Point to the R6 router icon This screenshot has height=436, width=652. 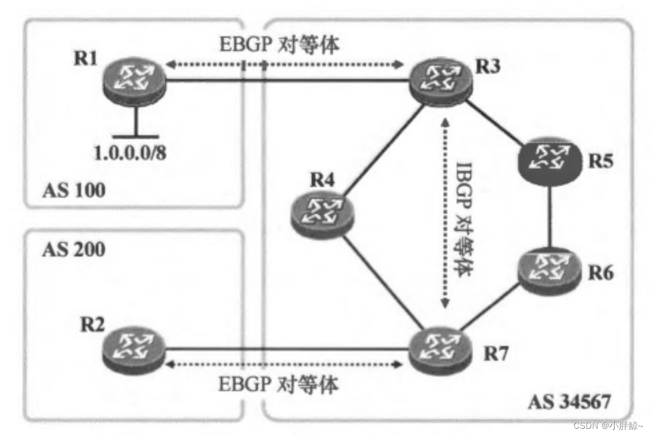click(548, 269)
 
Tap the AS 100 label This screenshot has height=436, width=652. click(74, 190)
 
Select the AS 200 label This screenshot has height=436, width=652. click(74, 249)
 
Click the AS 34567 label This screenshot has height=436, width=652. click(569, 402)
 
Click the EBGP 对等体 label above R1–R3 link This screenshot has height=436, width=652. click(278, 46)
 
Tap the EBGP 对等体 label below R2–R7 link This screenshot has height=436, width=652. click(278, 385)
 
